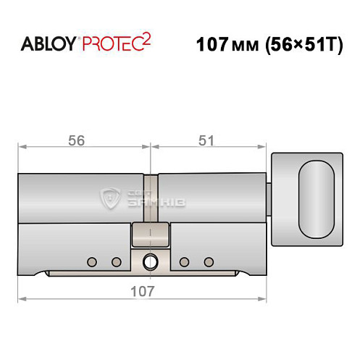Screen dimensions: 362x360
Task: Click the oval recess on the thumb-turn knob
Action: (317, 197)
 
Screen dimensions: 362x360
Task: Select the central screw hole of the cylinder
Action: (151, 261)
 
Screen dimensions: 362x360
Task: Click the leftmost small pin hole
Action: (91, 261)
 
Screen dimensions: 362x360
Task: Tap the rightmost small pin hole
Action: (210, 261)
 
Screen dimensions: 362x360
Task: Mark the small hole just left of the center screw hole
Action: (115, 261)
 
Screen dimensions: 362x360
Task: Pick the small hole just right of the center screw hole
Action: (185, 261)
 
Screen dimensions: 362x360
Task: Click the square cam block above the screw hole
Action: (151, 234)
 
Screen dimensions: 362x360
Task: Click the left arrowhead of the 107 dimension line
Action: (22, 298)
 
